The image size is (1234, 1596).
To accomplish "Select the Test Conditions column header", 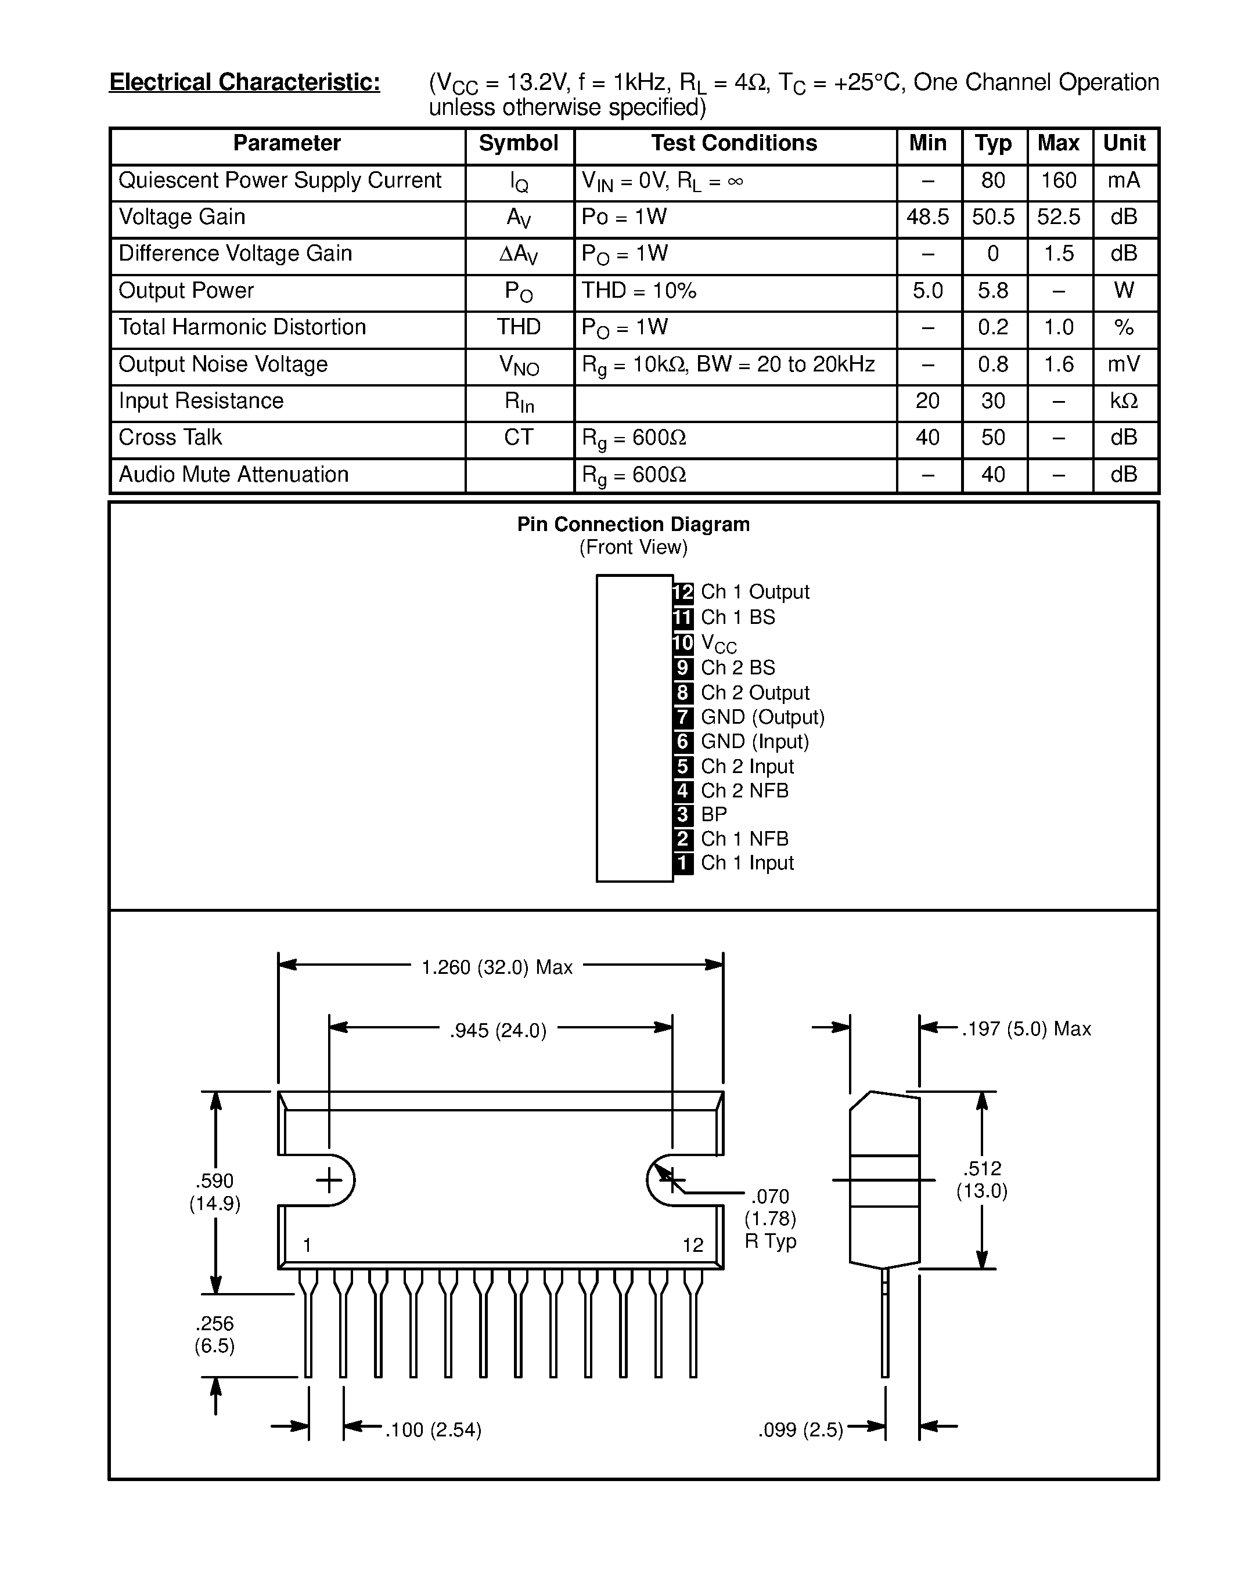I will [x=734, y=143].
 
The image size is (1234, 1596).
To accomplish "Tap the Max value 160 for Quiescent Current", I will [x=1059, y=180].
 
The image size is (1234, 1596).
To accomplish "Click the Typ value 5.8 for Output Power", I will [x=993, y=291].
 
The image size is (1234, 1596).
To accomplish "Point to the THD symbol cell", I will [x=519, y=327].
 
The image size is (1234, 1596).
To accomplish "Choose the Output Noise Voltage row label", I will [x=223, y=364].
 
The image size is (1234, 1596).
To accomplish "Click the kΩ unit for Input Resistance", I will [x=1124, y=400].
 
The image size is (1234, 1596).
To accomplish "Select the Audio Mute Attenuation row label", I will [x=233, y=474].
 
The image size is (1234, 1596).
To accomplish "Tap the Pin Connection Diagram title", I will [x=633, y=524].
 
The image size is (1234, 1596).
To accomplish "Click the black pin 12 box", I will [x=683, y=592].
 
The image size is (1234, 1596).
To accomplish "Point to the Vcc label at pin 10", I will [x=718, y=643].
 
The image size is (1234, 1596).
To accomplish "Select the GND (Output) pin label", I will [x=762, y=717].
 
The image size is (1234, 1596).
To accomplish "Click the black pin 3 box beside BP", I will [x=683, y=814].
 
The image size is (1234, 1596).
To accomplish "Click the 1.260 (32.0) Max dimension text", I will [x=497, y=967].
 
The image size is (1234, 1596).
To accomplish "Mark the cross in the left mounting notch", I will [x=329, y=1180].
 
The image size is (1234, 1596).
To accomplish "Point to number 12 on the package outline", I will [x=692, y=1245].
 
